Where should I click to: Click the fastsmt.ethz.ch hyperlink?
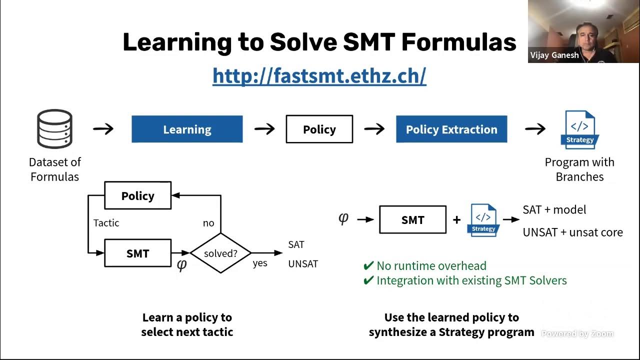pos(319,75)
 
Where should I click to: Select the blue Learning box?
pos(187,129)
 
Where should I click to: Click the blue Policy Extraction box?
pos(451,129)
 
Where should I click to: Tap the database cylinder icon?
pos(54,129)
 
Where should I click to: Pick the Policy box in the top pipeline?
pos(319,129)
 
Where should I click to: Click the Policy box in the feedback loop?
pos(137,196)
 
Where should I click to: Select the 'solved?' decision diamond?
pos(220,253)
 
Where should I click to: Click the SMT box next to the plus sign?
pos(412,220)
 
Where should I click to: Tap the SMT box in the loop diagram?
pos(137,253)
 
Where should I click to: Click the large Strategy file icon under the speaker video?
pos(580,129)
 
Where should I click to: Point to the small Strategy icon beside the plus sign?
pos(483,220)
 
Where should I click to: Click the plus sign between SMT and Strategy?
pos(456,220)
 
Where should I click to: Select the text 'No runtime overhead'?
pos(431,266)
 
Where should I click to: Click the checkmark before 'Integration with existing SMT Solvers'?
pos(368,280)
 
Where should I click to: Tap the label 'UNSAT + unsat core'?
pos(572,232)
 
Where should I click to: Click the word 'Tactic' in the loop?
pos(106,223)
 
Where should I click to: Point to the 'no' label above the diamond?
pos(208,223)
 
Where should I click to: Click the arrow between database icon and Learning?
pos(103,129)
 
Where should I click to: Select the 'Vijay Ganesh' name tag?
pos(554,55)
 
